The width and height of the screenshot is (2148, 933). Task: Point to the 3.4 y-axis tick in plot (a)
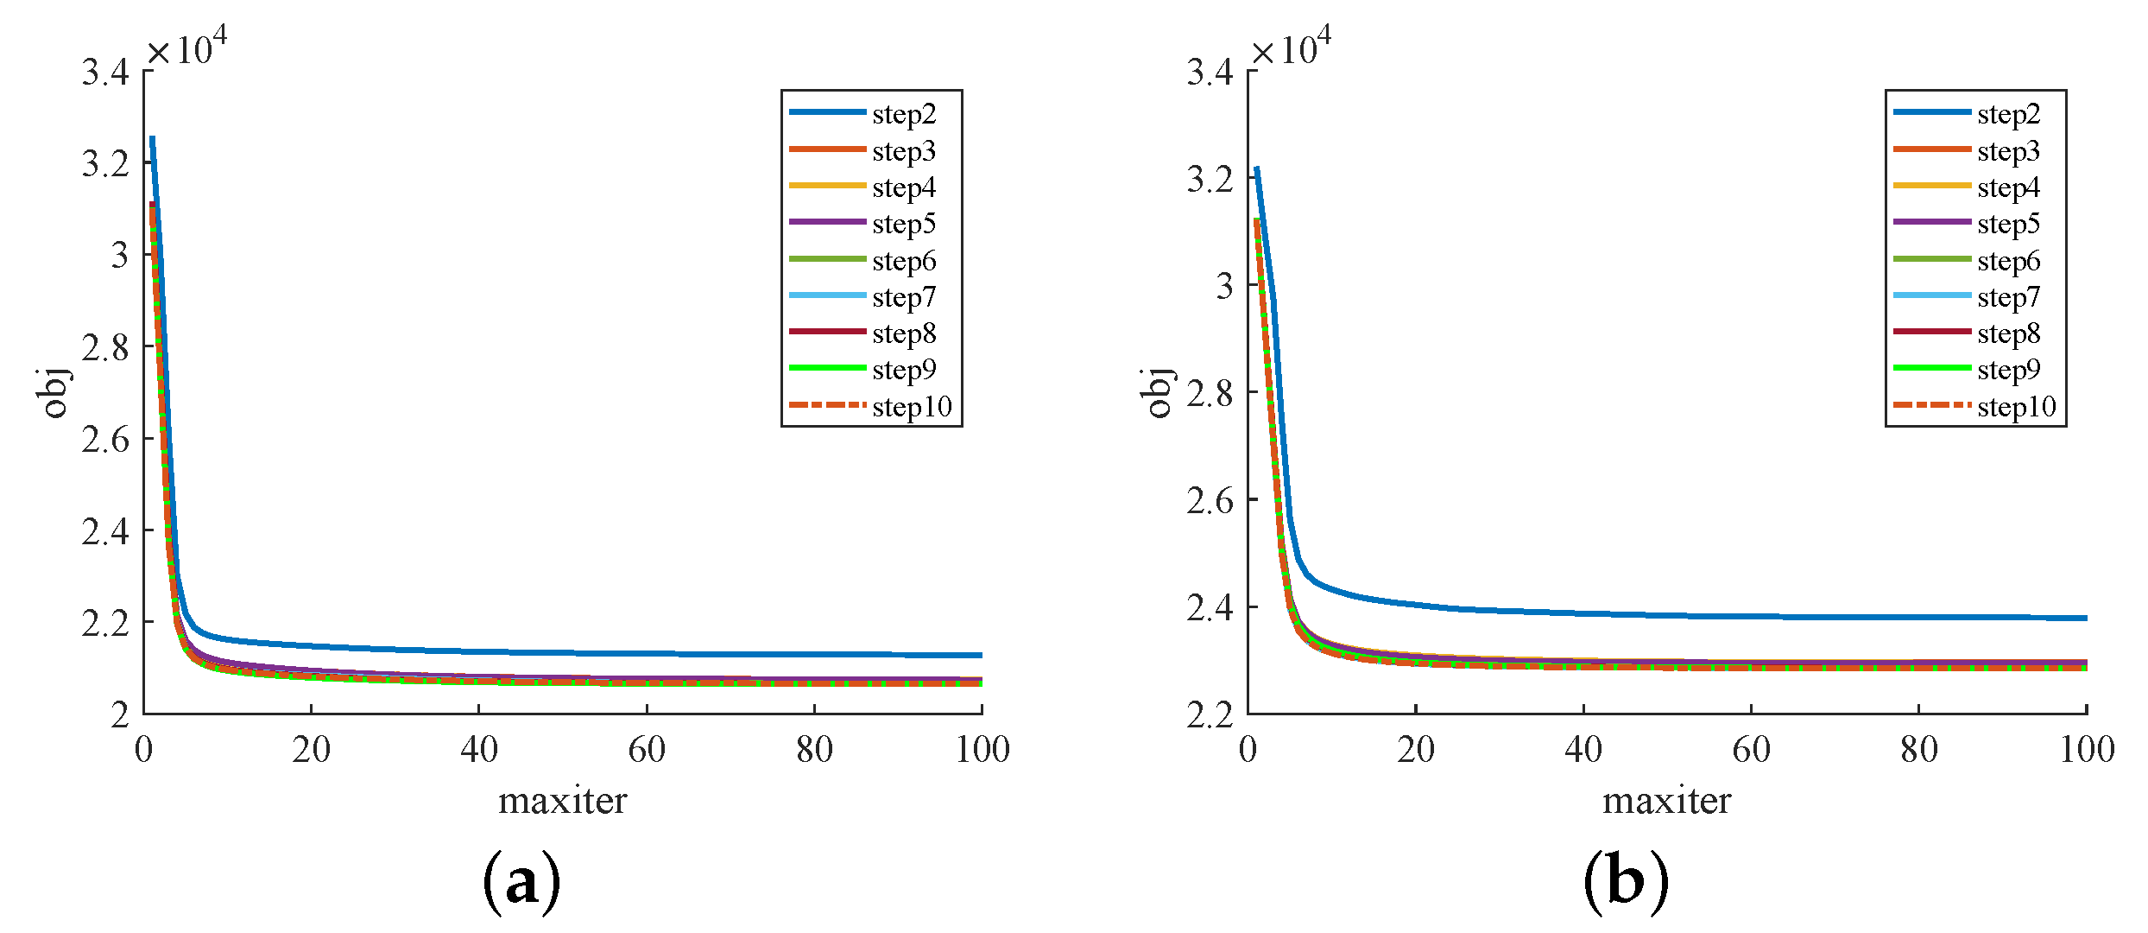point(105,73)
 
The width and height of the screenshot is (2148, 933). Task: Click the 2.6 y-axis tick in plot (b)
point(1210,501)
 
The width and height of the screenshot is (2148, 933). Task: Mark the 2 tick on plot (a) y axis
point(120,715)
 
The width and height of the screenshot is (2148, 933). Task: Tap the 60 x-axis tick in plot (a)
point(647,750)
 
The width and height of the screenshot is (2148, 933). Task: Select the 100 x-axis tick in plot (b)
point(2086,750)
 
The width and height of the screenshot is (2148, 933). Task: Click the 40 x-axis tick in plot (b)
point(1583,750)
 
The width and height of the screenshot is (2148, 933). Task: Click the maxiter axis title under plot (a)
point(562,802)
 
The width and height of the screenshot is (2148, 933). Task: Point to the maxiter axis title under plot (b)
point(1666,802)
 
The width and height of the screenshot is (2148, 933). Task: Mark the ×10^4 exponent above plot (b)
point(1291,48)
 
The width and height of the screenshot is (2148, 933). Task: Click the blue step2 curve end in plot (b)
point(2084,618)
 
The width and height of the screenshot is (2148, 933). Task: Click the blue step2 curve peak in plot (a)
point(152,138)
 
